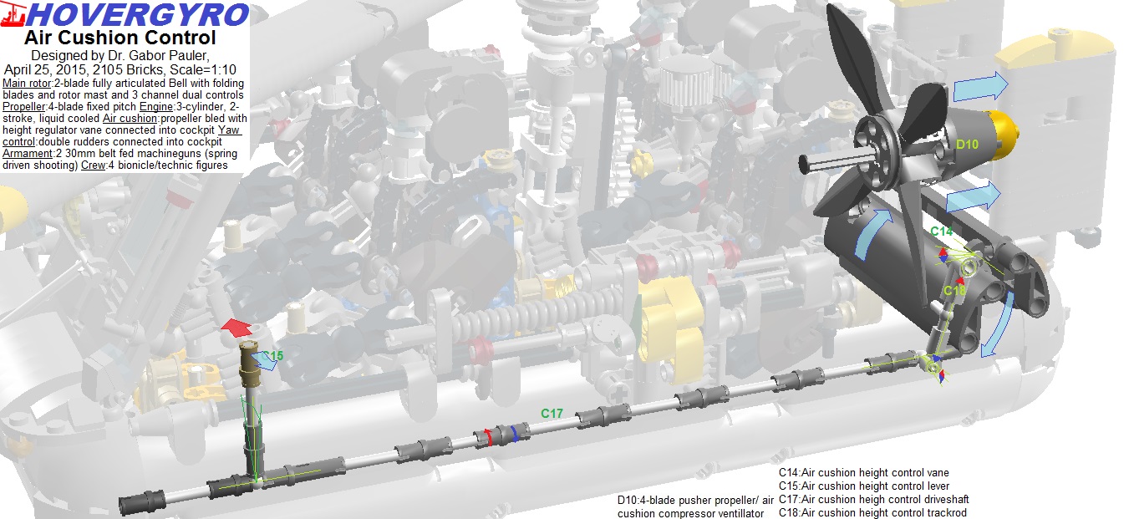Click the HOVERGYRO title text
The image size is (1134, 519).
(137, 15)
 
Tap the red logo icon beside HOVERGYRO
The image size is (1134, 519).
(13, 14)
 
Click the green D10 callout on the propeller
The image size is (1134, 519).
(967, 145)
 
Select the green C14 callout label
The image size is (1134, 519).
(942, 232)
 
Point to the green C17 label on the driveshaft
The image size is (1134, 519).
(552, 414)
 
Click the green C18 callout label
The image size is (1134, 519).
(955, 291)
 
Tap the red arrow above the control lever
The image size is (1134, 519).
(236, 328)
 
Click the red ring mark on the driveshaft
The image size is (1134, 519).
(488, 437)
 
